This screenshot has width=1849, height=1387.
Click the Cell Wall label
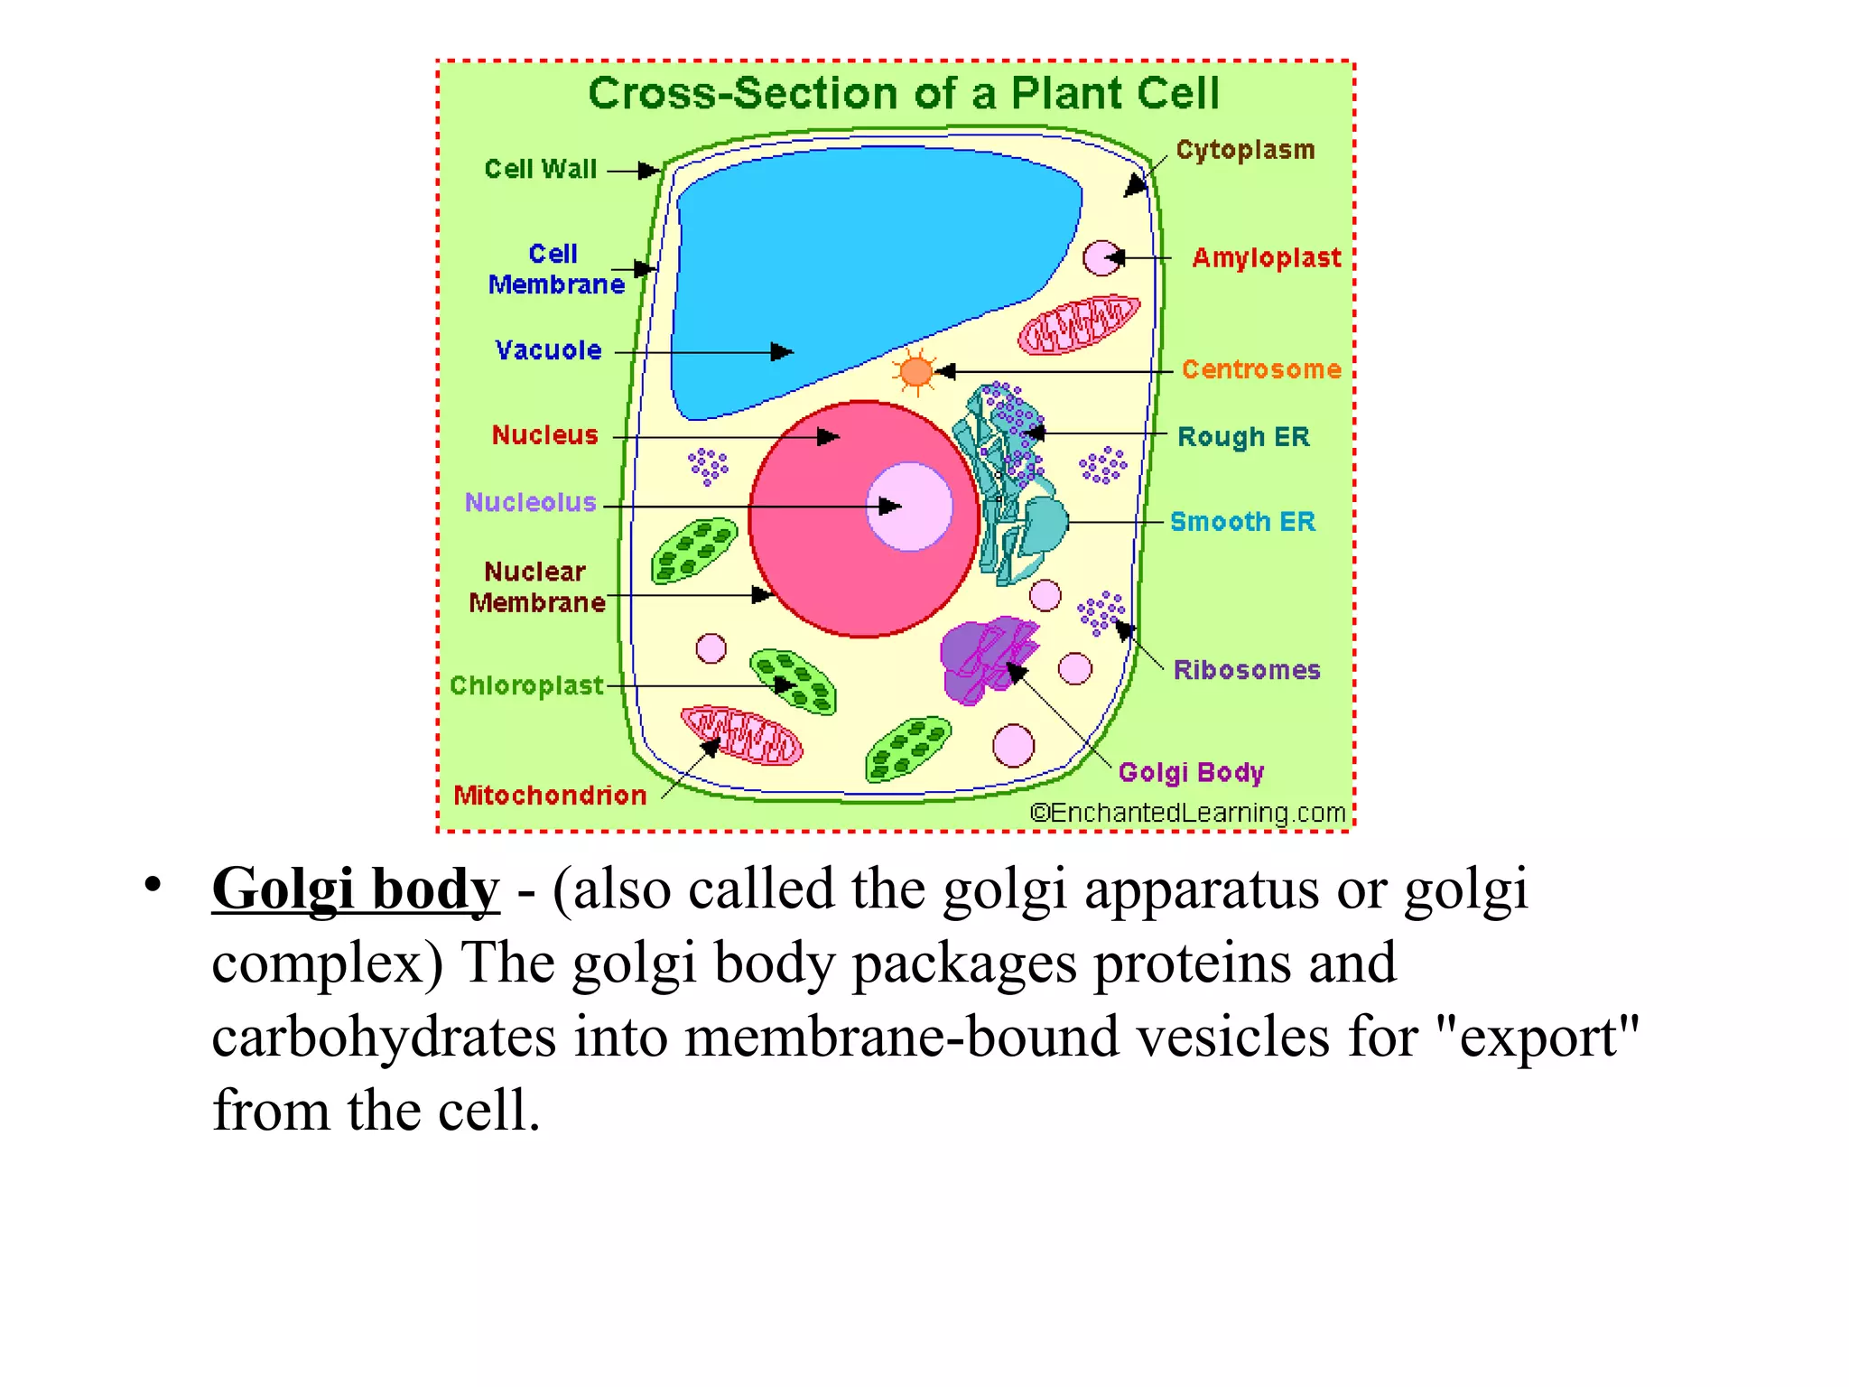[x=541, y=169]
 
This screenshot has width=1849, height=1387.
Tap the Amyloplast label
[x=1267, y=258]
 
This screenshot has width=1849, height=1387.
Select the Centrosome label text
[x=1261, y=369]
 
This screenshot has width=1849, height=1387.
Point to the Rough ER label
[x=1243, y=437]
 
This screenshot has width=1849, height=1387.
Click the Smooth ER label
[x=1242, y=522]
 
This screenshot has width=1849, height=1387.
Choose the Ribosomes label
[x=1247, y=670]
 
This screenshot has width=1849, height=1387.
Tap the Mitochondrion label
[x=550, y=796]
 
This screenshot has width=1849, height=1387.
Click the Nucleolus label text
[x=531, y=502]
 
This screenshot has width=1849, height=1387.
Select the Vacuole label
[x=548, y=350]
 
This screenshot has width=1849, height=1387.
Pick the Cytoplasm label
[x=1245, y=150]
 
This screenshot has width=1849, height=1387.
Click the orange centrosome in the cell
[x=916, y=371]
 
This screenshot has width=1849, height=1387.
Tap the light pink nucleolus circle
[x=909, y=507]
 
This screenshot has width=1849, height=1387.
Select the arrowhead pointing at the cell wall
[x=649, y=171]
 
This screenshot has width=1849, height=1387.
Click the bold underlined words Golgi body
[x=356, y=889]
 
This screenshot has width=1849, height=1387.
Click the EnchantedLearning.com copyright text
[x=1188, y=813]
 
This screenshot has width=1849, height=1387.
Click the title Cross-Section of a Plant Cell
[x=904, y=93]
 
